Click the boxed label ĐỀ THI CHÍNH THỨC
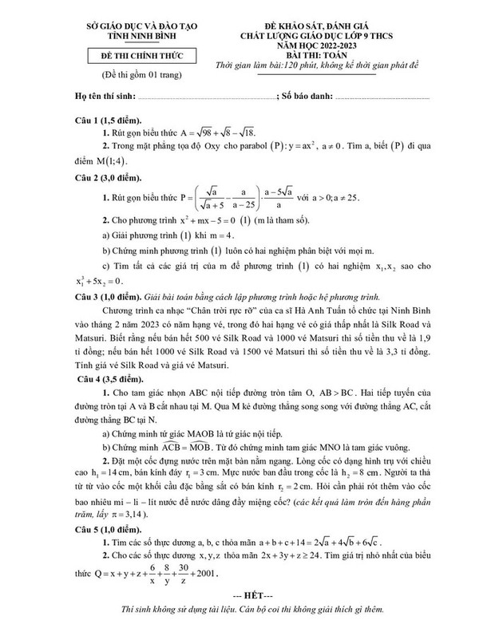point(133,56)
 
